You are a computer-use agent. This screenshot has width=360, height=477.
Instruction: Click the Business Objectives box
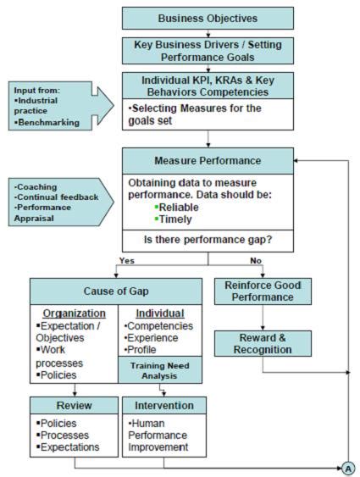[208, 18]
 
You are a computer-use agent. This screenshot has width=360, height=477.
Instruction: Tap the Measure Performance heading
[208, 159]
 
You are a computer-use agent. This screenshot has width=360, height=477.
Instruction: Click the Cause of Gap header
[115, 291]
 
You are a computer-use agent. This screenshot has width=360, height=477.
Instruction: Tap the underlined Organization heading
[74, 312]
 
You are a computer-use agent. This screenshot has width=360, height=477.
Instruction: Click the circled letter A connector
[348, 466]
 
